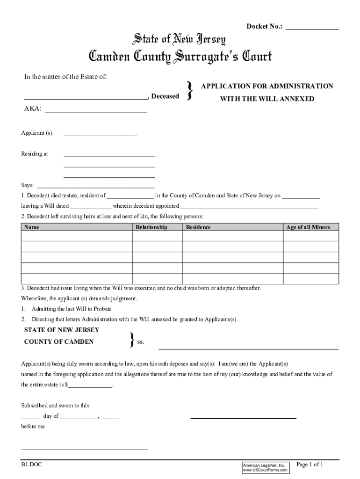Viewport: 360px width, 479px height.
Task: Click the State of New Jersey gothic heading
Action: [x=180, y=40]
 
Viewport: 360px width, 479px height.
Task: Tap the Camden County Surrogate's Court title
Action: [x=180, y=58]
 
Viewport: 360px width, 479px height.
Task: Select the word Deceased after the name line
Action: [x=165, y=96]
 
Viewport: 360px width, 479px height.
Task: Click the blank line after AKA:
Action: [x=96, y=112]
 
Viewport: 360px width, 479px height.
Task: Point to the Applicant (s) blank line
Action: [x=100, y=135]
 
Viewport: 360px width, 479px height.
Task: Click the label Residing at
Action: [x=35, y=154]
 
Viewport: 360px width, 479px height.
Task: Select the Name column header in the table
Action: [x=32, y=227]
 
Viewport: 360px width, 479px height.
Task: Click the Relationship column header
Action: [x=151, y=227]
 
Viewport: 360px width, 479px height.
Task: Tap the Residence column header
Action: [x=198, y=227]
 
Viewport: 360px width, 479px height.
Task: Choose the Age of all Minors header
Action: [x=308, y=227]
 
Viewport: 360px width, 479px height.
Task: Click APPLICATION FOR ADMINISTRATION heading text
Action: [x=267, y=86]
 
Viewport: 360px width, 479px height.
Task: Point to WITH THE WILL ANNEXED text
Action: [x=267, y=99]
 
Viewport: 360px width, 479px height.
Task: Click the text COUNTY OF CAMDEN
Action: [x=59, y=341]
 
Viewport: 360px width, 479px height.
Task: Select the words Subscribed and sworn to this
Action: [x=55, y=406]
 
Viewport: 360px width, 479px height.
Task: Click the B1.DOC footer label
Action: [x=31, y=465]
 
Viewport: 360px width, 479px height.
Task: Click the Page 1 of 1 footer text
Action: [x=310, y=464]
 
